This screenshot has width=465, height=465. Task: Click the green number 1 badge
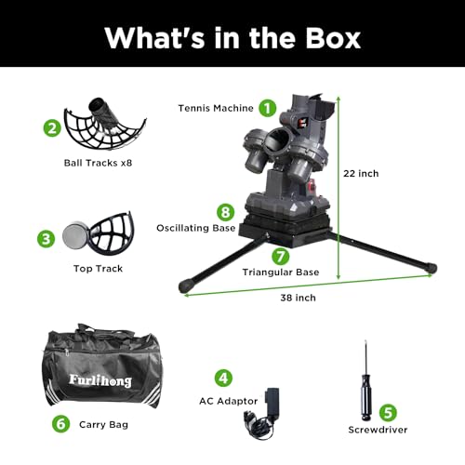click(267, 108)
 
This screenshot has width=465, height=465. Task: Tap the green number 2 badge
click(52, 127)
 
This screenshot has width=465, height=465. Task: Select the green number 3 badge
click(46, 239)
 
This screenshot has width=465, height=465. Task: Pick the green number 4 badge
click(222, 378)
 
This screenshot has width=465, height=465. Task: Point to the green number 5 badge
click(388, 412)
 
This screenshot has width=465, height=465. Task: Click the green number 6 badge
click(61, 424)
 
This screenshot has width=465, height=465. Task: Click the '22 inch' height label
click(361, 173)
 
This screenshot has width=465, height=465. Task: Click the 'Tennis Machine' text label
click(215, 109)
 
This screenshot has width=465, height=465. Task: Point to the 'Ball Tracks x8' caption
click(92, 171)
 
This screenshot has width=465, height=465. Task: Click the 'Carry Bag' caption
click(104, 424)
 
